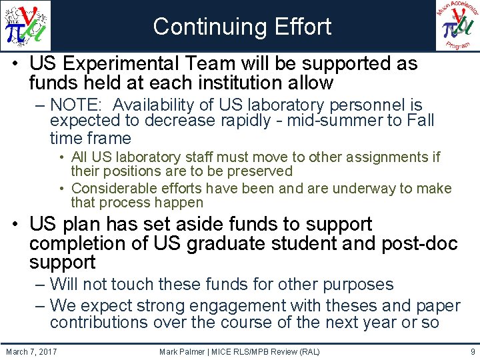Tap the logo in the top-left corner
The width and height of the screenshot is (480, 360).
coord(25,26)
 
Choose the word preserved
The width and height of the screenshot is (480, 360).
coord(255,171)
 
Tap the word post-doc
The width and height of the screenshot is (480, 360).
coord(419,244)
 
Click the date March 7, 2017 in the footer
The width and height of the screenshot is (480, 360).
coord(31,351)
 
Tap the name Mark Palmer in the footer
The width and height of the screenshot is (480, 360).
coord(186,351)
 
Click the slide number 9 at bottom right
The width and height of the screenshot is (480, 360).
coord(472,351)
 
